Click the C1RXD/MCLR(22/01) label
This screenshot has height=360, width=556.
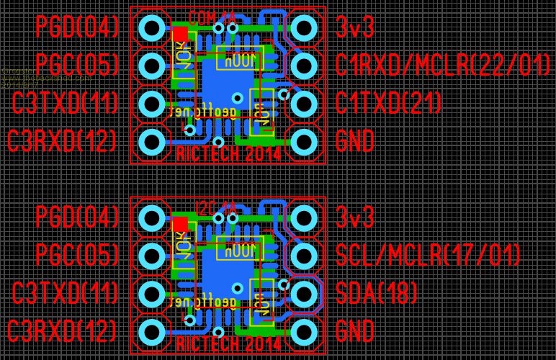click(443, 66)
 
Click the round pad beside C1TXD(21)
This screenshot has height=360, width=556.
click(303, 103)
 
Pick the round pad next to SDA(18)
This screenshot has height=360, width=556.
click(303, 293)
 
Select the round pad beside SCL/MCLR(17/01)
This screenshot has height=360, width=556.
click(303, 255)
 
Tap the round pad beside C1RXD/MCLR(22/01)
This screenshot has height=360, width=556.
click(303, 66)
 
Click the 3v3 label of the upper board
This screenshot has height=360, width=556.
click(355, 27)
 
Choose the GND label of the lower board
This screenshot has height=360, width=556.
click(355, 331)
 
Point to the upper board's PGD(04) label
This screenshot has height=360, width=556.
click(77, 27)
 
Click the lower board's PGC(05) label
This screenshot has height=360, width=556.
click(77, 255)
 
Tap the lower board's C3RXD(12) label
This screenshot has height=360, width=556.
click(62, 331)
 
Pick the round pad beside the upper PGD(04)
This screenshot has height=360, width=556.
click(151, 28)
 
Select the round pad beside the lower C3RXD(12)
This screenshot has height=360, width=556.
click(151, 331)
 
